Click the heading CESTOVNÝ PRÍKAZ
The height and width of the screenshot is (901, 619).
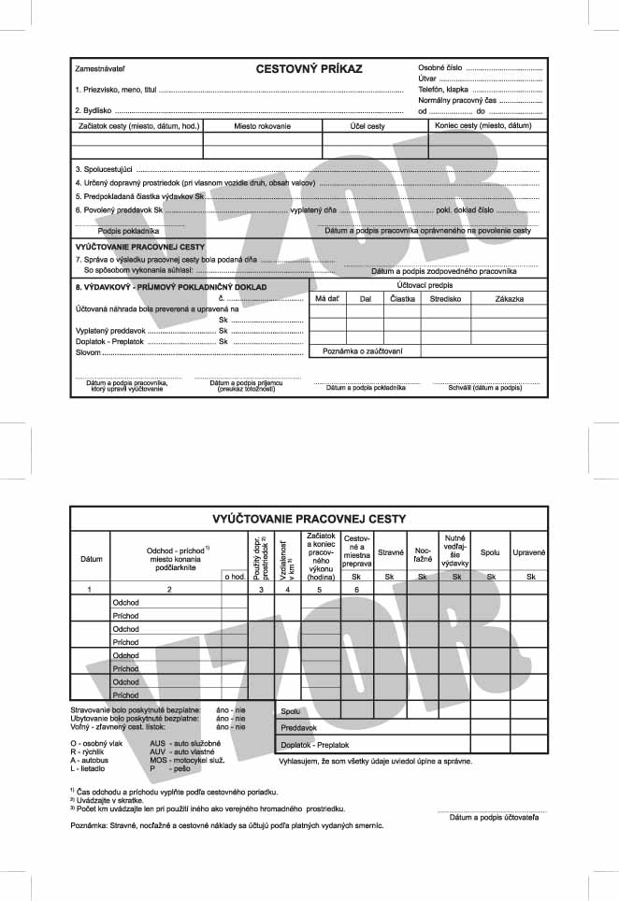tap(309, 69)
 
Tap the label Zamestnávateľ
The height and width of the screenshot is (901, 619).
tap(99, 69)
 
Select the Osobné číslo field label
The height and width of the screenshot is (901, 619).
tap(439, 69)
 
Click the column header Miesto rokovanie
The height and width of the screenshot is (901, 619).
tap(262, 125)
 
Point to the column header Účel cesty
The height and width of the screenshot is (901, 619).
tap(367, 125)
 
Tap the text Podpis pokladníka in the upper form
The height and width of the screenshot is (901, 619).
tap(129, 230)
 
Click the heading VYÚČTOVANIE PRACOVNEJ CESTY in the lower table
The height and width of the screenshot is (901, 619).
tap(309, 518)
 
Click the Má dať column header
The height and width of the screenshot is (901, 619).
tap(327, 298)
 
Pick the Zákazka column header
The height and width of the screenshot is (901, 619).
tap(509, 298)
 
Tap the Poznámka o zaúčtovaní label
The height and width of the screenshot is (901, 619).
tap(363, 350)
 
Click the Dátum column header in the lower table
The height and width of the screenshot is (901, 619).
tap(91, 559)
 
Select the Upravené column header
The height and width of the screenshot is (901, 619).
tap(529, 552)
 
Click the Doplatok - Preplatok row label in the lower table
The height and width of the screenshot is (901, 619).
tap(314, 745)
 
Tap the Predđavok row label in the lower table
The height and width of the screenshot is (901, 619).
tap(299, 727)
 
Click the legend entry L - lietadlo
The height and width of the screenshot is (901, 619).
tap(88, 768)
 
